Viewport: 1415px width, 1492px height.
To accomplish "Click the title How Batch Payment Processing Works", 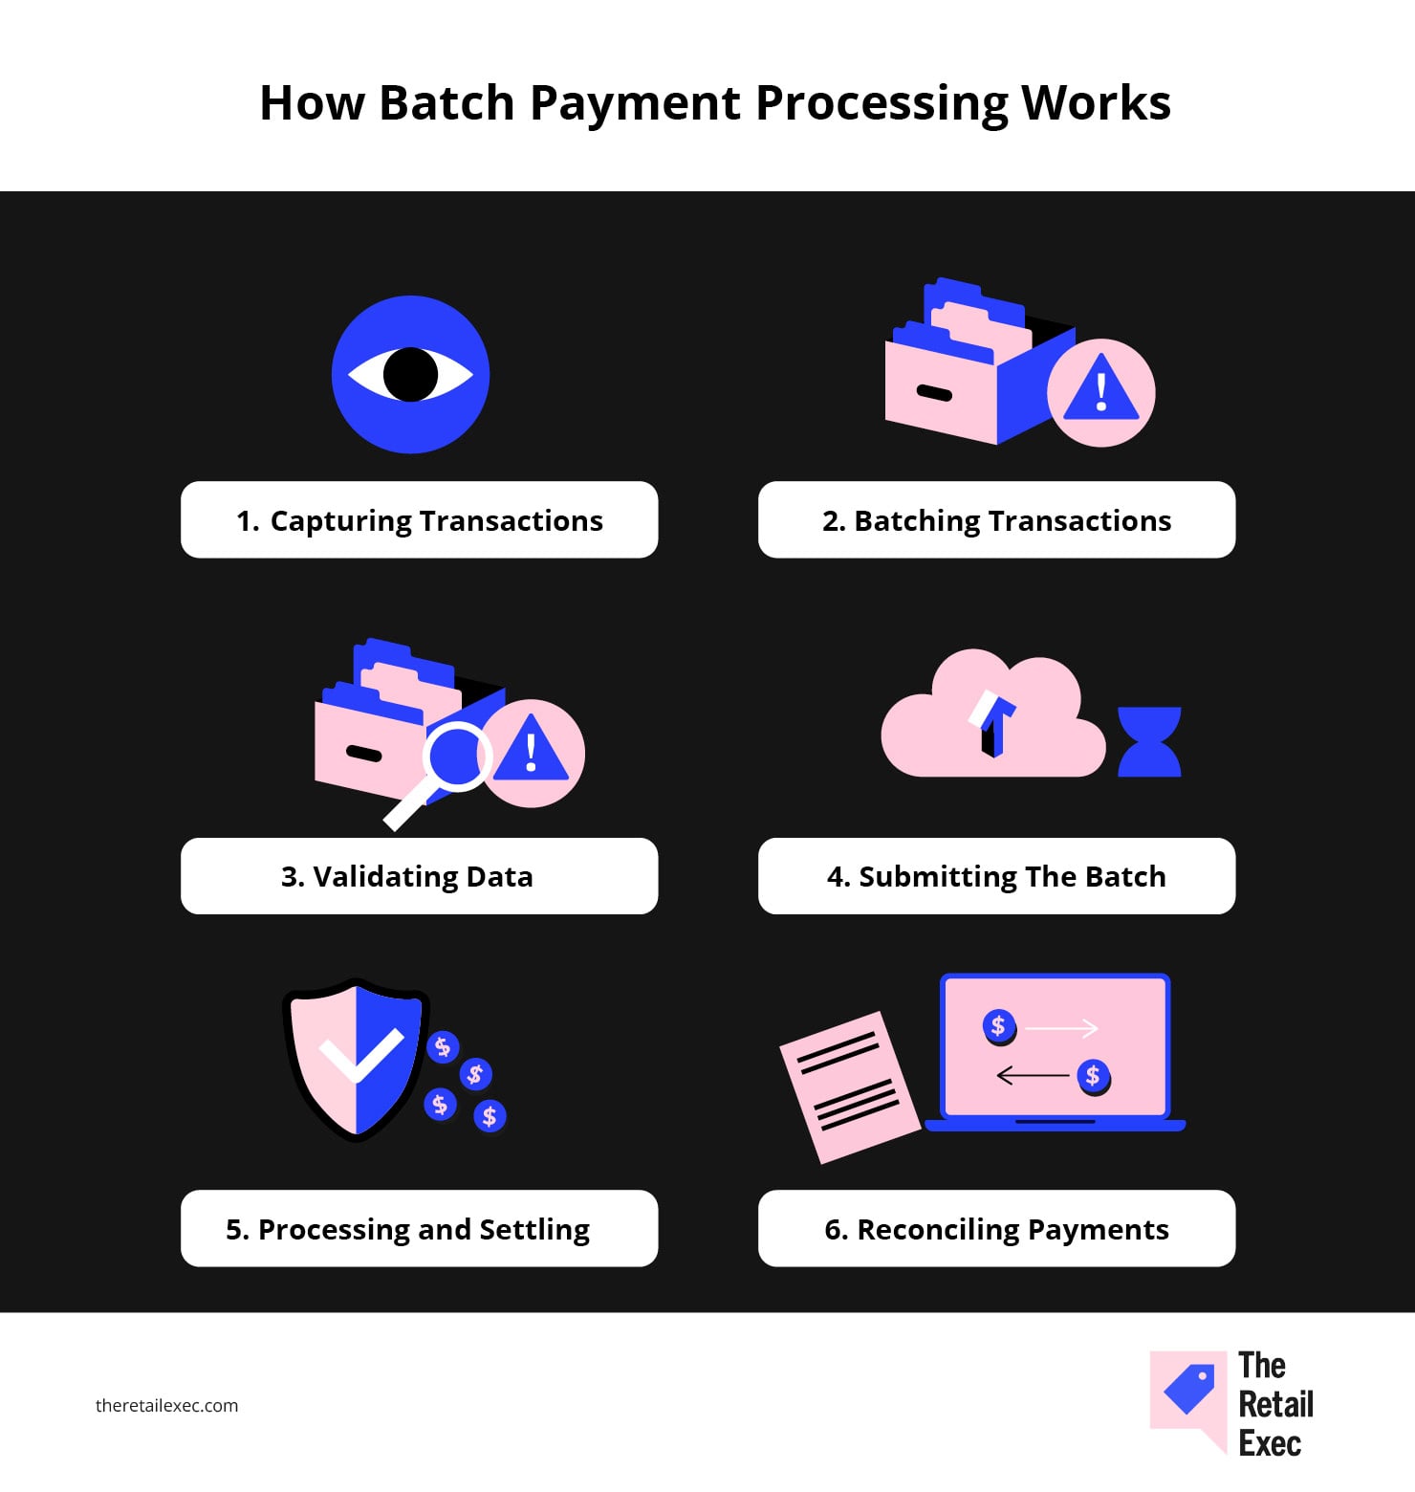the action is [715, 103].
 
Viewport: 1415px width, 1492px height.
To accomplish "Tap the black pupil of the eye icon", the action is [410, 374].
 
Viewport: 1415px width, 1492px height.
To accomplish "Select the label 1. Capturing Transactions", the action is [420, 520].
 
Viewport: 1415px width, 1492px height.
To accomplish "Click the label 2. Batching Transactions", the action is [996, 520].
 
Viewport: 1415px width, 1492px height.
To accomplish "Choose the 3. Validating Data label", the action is [407, 877].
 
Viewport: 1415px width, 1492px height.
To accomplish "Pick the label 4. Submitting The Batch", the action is [996, 877].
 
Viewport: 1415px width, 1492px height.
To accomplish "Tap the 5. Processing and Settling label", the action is [408, 1229].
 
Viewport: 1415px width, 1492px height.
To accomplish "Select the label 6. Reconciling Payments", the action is [996, 1229].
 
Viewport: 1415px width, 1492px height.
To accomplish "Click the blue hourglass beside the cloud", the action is [1149, 741].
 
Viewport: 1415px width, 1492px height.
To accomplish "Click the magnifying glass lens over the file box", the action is [457, 757].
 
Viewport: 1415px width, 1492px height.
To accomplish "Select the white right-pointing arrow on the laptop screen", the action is [1061, 1029].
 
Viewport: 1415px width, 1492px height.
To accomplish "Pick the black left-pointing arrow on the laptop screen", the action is [1033, 1076].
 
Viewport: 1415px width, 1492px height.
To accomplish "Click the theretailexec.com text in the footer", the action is [166, 1406].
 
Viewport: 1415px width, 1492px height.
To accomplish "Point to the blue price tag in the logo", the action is [1189, 1389].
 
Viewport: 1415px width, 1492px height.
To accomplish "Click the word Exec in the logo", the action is [1270, 1443].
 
